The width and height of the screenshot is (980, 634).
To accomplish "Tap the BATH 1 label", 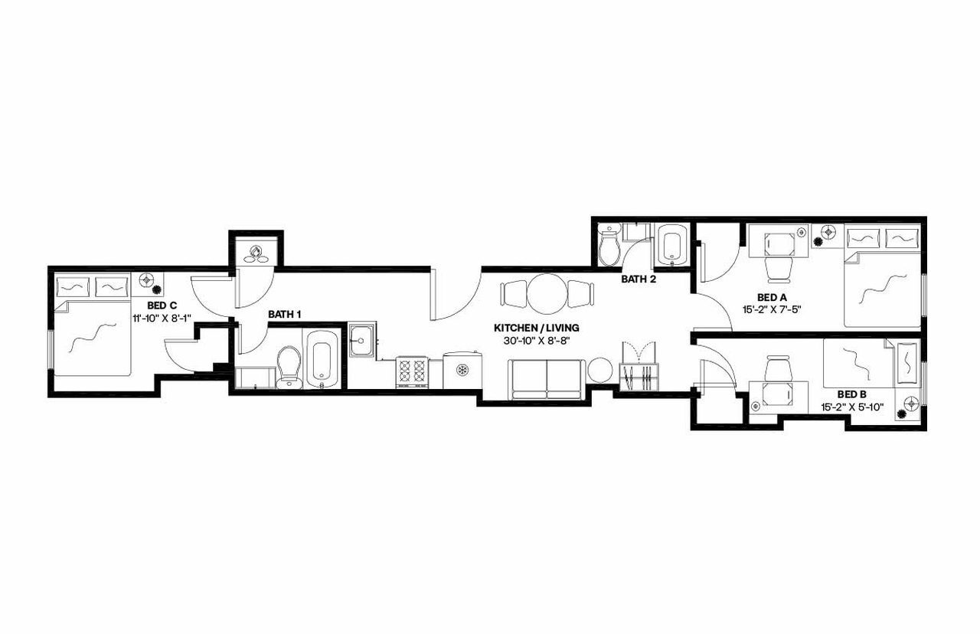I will (284, 315).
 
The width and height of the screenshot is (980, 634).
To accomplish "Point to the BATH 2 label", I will (639, 279).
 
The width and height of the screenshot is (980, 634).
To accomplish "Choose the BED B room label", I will (851, 394).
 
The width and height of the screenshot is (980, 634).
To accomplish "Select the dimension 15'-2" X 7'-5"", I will (772, 309).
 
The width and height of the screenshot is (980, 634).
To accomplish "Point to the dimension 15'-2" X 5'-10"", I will (851, 407).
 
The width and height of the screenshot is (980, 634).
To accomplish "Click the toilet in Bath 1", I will (289, 366).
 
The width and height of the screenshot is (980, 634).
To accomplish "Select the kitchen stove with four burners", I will (411, 372).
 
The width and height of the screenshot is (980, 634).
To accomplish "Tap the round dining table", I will (547, 293).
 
